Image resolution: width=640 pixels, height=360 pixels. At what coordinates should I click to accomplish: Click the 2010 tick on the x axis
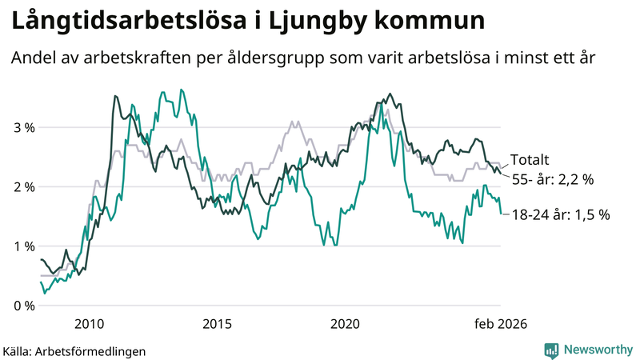tap(88, 324)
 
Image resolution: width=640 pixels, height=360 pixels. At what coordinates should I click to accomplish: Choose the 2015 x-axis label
tap(217, 324)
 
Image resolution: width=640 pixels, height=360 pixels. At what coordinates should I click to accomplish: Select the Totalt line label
tap(530, 160)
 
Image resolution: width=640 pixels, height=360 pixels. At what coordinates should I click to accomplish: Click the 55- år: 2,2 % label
tap(552, 181)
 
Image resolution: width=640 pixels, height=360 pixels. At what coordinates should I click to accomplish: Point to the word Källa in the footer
tap(18, 350)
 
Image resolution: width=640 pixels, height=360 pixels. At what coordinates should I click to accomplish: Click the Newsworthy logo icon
tap(551, 350)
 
